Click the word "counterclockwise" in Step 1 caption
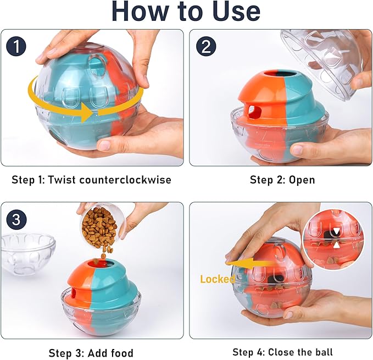click(x=132, y=180)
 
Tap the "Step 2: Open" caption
click(x=282, y=180)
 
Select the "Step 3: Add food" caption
click(x=91, y=353)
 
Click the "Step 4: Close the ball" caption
click(x=282, y=352)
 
